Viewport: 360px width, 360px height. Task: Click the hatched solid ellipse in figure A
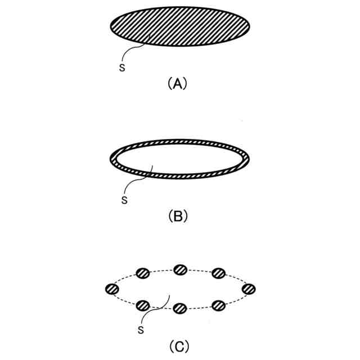[x=180, y=26]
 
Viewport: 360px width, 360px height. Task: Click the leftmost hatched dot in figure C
[x=112, y=289]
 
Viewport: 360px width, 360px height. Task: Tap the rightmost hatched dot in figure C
[x=249, y=289]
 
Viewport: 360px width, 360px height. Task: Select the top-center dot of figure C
[x=180, y=269]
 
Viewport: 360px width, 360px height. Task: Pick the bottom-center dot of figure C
[x=180, y=308]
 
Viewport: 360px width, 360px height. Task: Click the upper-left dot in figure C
[x=142, y=274]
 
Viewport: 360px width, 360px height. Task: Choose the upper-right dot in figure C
[x=218, y=274]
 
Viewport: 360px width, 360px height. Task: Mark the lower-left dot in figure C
[x=142, y=305]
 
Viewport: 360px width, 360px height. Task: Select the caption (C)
[x=177, y=346]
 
